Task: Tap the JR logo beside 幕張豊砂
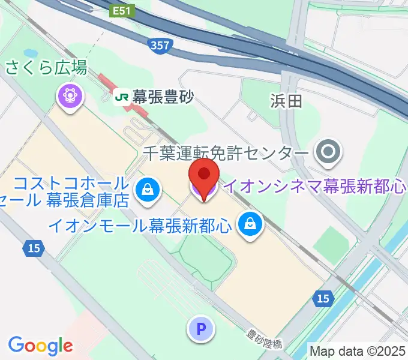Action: [123, 96]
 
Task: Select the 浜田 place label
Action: [286, 101]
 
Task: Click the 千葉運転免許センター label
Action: [226, 154]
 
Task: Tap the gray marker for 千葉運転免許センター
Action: [328, 152]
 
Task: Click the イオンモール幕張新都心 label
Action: [140, 226]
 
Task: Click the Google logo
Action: [41, 345]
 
